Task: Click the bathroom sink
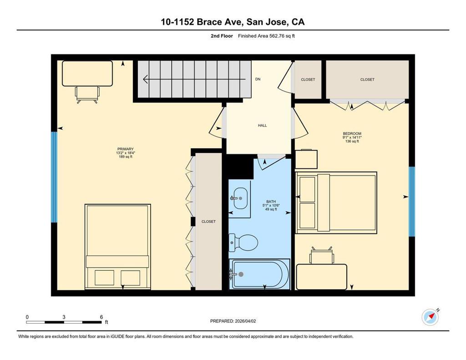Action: (239, 198)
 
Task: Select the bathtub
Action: (260, 274)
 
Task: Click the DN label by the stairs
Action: (258, 79)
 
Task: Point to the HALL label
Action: (263, 126)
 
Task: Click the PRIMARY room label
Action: (126, 149)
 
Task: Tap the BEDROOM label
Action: (352, 133)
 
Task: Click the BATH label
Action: (271, 202)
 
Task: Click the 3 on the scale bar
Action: (64, 317)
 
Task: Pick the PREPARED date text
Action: (233, 321)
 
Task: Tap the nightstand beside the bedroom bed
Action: (306, 159)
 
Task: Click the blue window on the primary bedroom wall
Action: (54, 177)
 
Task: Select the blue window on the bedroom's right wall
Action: (411, 202)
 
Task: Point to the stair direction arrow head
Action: (145, 79)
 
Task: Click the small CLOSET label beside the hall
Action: (308, 79)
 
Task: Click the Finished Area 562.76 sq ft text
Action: (266, 36)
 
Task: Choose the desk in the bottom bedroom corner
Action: (322, 276)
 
